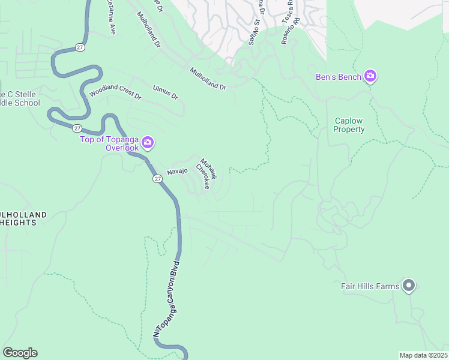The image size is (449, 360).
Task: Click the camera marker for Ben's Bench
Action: pyautogui.click(x=370, y=76)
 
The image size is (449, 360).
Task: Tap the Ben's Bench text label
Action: pyautogui.click(x=339, y=77)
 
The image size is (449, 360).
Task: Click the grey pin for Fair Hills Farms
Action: pyautogui.click(x=409, y=286)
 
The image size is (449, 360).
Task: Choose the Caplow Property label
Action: pyautogui.click(x=349, y=125)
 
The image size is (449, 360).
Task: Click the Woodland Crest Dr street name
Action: pyautogui.click(x=115, y=93)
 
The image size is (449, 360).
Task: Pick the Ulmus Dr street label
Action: pyautogui.click(x=166, y=92)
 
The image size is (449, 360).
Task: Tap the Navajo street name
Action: pyautogui.click(x=178, y=171)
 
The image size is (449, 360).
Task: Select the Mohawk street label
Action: pyautogui.click(x=208, y=169)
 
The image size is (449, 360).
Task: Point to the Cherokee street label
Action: pyautogui.click(x=202, y=177)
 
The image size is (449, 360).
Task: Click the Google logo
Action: pyautogui.click(x=20, y=353)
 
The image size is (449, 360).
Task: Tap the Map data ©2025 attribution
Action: pyautogui.click(x=423, y=355)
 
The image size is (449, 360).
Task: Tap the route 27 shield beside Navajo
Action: pyautogui.click(x=157, y=179)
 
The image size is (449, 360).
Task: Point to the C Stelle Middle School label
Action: pyautogui.click(x=20, y=98)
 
